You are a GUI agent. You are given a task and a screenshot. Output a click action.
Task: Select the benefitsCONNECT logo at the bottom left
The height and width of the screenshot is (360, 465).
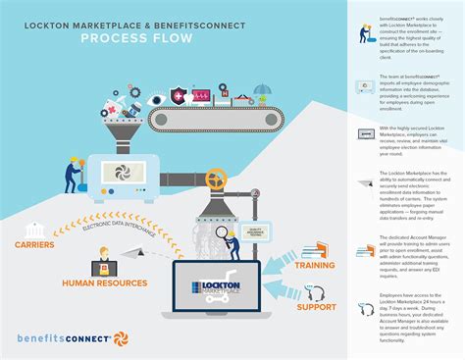point(64,338)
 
